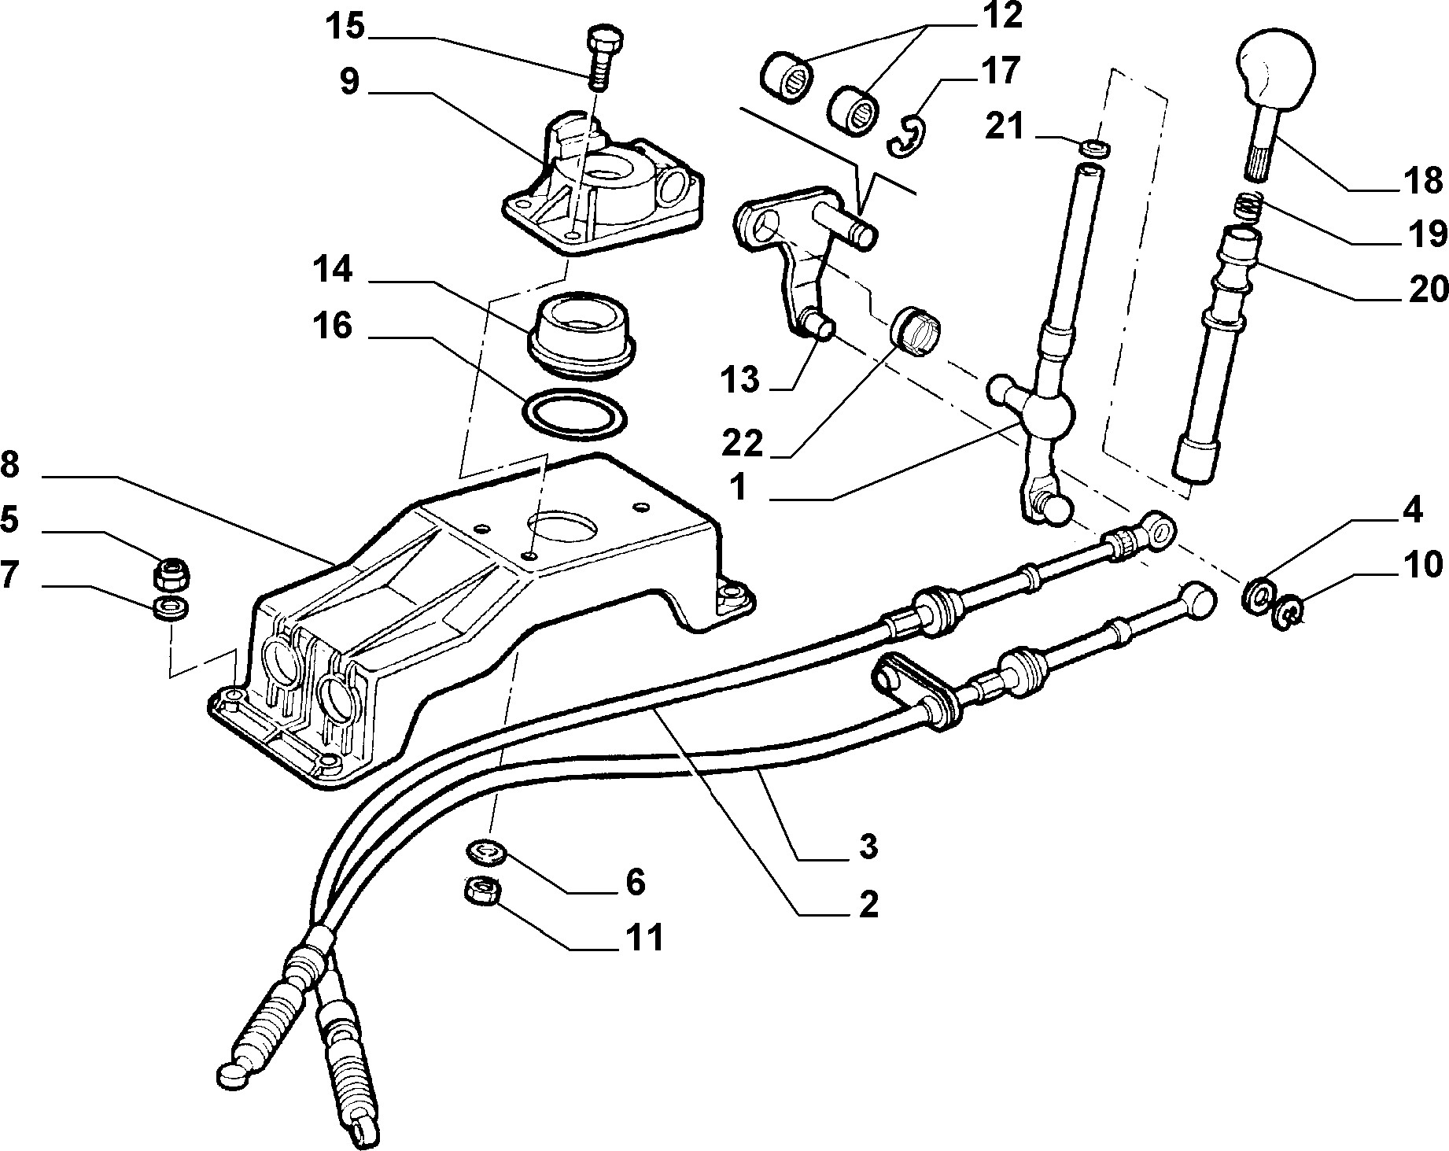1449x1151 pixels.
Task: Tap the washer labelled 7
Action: coord(171,607)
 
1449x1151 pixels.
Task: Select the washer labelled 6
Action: coord(485,850)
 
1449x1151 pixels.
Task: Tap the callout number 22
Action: coord(743,444)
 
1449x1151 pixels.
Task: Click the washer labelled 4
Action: coord(1256,596)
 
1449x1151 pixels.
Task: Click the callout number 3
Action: coord(867,847)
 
